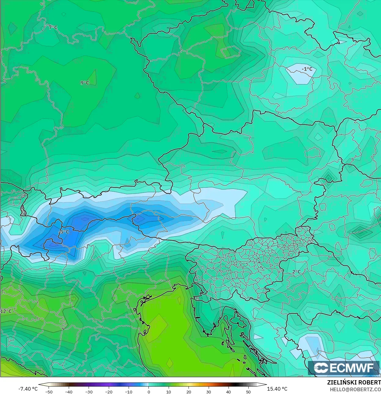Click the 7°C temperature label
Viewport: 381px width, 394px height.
[x=53, y=27]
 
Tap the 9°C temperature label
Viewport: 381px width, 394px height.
[x=85, y=83]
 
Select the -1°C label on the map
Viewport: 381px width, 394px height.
[x=307, y=69]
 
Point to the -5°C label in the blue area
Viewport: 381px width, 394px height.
[x=64, y=232]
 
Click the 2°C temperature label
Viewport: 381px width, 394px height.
[x=296, y=272]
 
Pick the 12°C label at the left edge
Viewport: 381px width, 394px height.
[x=6, y=311]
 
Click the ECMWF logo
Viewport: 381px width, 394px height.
[x=344, y=368]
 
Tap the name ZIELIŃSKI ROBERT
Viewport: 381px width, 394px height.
[x=354, y=382]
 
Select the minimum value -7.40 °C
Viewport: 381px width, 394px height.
[x=28, y=389]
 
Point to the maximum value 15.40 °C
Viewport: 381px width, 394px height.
[x=277, y=389]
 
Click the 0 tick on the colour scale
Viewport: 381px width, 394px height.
[x=149, y=392]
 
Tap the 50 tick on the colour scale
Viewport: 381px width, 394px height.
[x=248, y=392]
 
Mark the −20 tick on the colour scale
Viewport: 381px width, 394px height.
[x=108, y=392]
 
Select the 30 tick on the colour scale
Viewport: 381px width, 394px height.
[x=209, y=392]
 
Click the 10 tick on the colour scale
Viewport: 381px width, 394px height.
[x=169, y=392]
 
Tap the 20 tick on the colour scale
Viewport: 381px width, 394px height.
[x=189, y=392]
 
